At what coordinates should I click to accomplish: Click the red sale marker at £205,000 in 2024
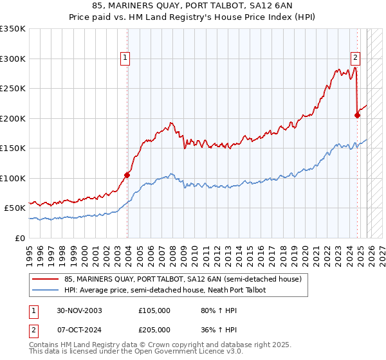pyautogui.click(x=357, y=115)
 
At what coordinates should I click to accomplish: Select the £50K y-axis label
pyautogui.click(x=15, y=208)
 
